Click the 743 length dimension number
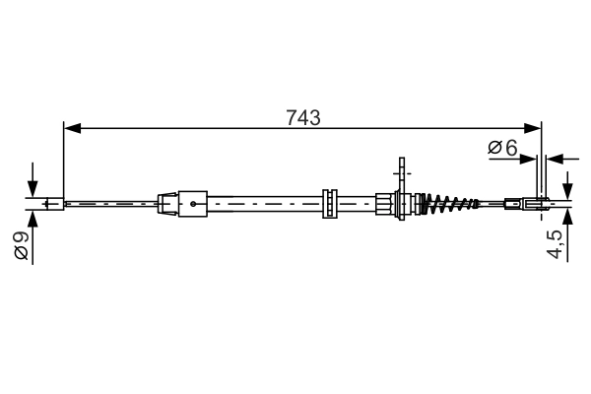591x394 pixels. tap(302, 117)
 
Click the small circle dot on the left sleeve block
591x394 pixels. tap(194, 205)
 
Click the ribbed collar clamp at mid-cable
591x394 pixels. tap(330, 204)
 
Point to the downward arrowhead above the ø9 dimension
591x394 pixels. tap(33, 191)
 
